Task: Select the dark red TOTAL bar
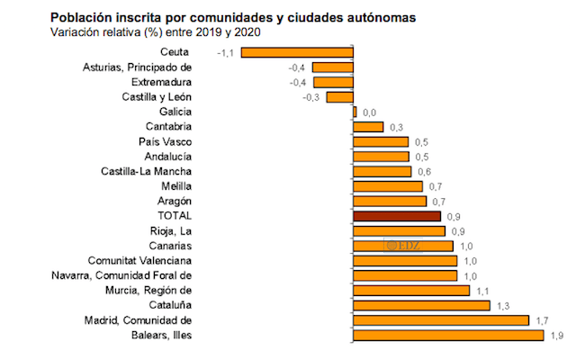[x=397, y=216]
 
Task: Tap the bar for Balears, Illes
[x=448, y=336]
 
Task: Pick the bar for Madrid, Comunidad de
[x=441, y=320]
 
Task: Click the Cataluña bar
[x=421, y=305]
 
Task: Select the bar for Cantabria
[x=368, y=127]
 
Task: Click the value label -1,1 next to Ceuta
[x=226, y=53]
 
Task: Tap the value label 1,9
[x=557, y=336]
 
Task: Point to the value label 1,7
[x=542, y=320]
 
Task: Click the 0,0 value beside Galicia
[x=367, y=112]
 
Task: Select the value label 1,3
[x=504, y=305]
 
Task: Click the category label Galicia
[x=174, y=112]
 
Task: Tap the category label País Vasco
[x=166, y=141]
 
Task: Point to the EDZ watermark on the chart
[x=400, y=244]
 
